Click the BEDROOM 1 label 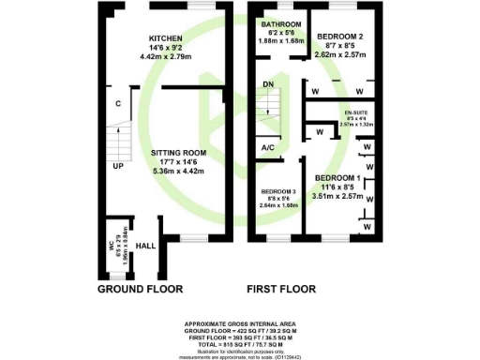coord(335,178)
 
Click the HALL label coord(145,246)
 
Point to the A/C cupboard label coord(267,147)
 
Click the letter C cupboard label coord(118,104)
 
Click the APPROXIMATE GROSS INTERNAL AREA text coord(239,322)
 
